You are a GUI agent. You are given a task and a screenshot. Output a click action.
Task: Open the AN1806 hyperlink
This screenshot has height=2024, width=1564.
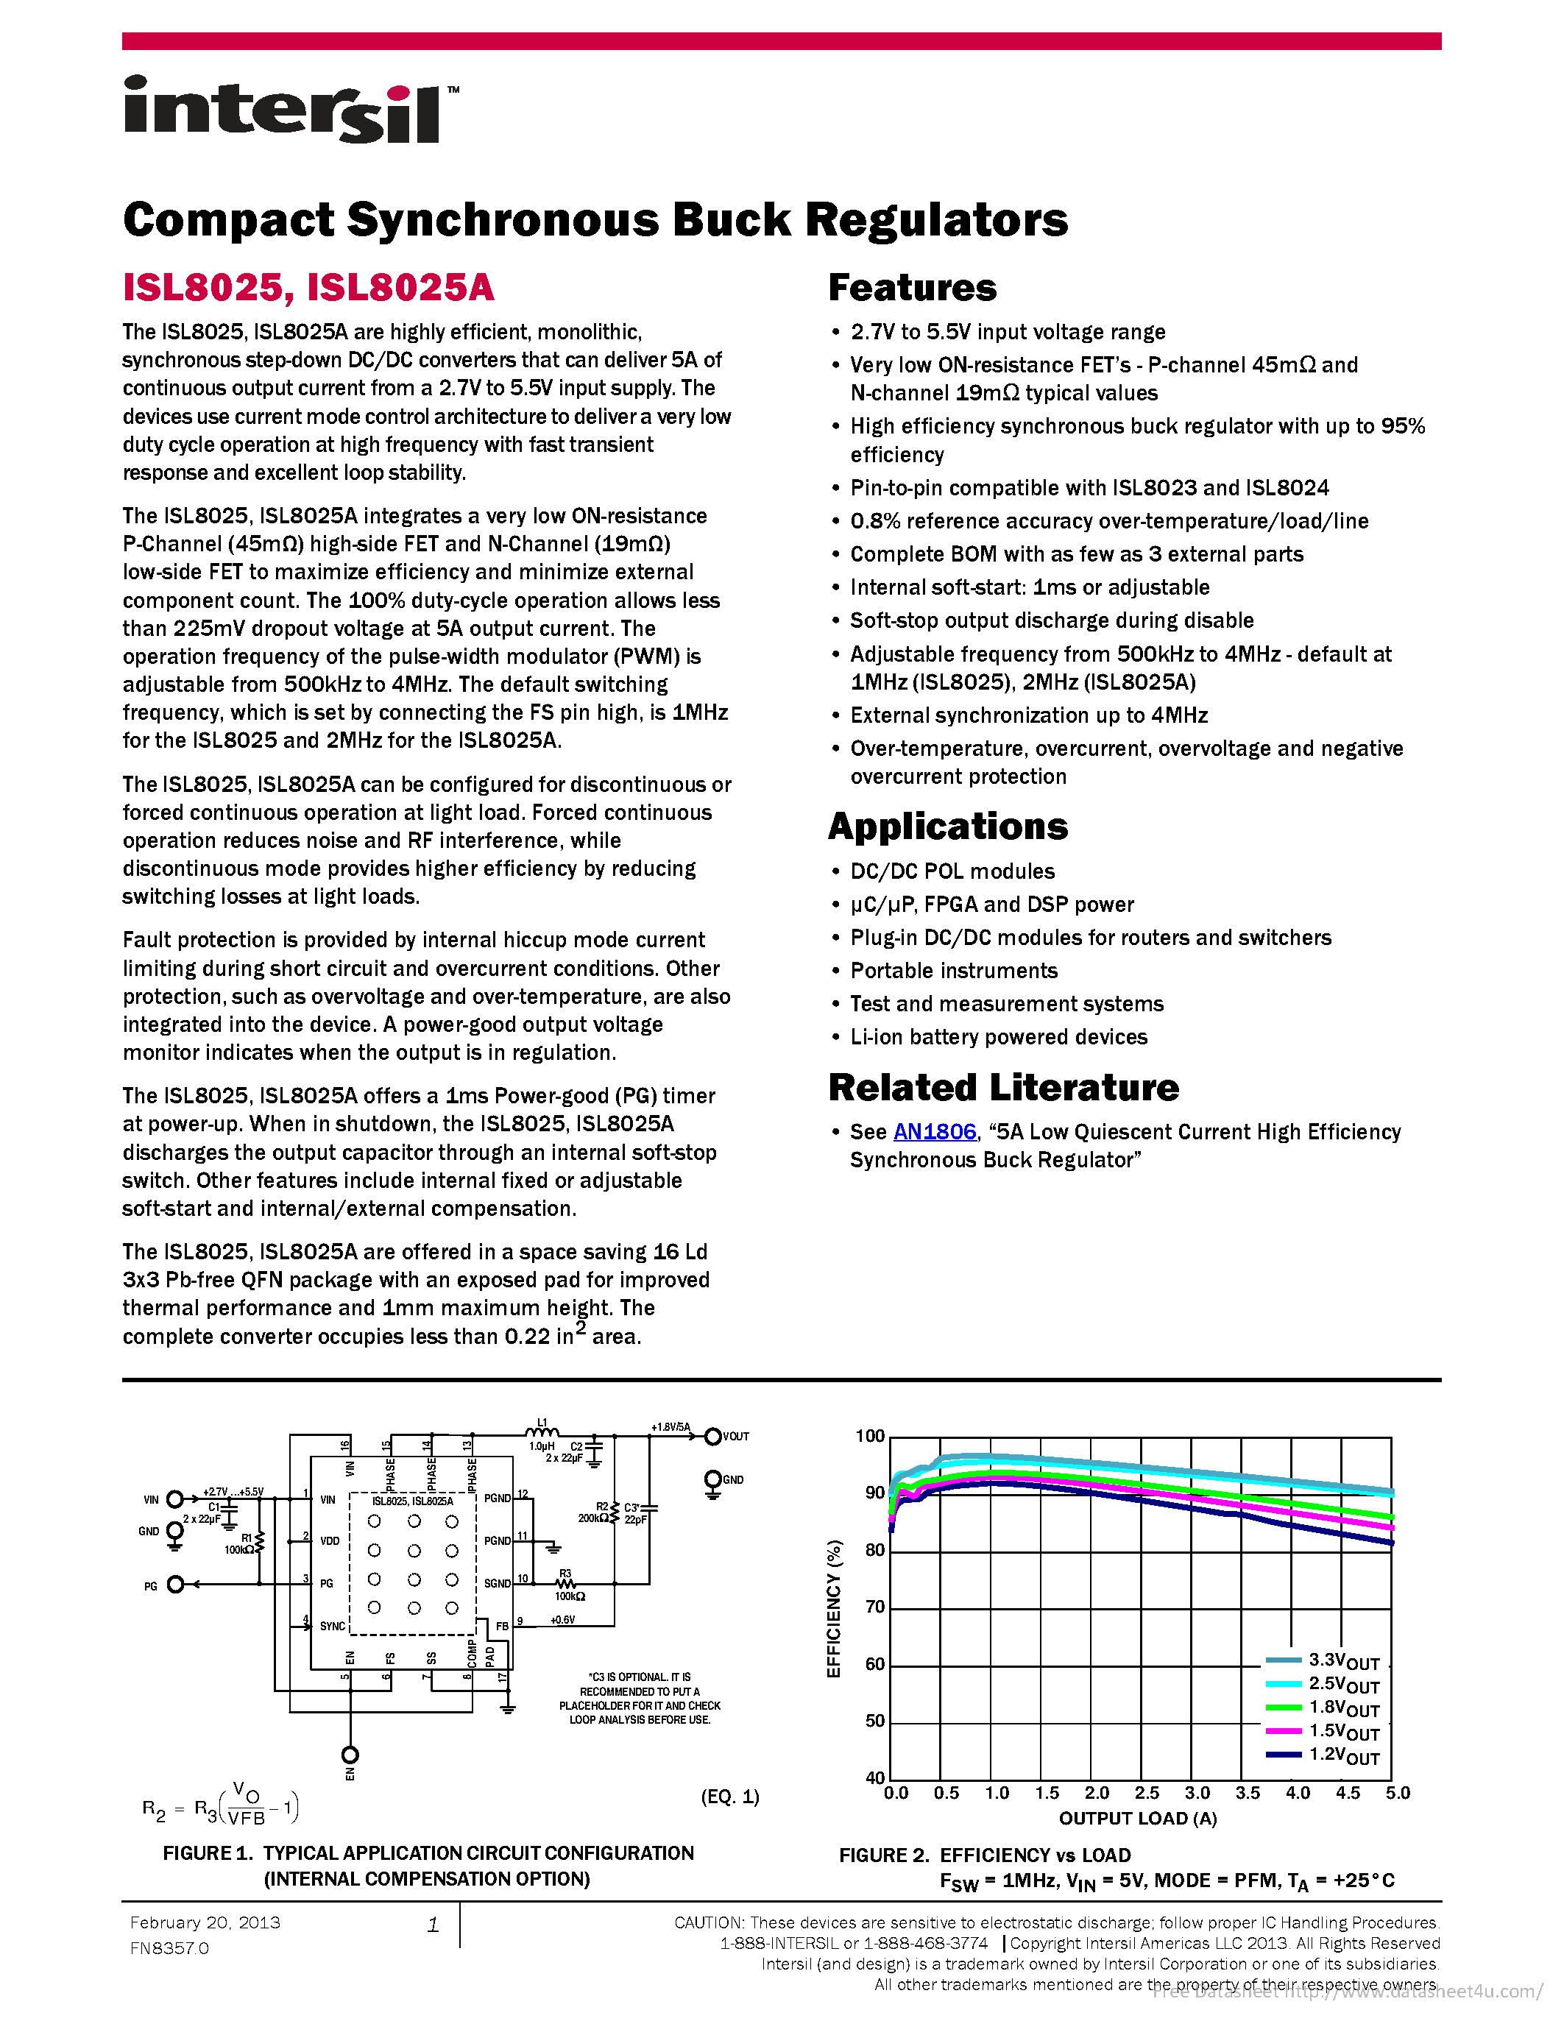click(x=934, y=1131)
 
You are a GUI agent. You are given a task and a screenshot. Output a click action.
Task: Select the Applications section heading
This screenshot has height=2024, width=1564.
click(x=948, y=826)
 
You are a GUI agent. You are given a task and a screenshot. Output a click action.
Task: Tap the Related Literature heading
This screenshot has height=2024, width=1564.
click(x=1003, y=1087)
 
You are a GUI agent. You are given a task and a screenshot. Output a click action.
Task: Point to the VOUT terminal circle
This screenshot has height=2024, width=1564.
click(x=712, y=1437)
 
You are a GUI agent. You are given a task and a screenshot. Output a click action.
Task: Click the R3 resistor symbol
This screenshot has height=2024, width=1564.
click(x=565, y=1584)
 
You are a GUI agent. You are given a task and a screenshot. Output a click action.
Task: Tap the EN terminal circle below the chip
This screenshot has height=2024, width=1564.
click(x=350, y=1755)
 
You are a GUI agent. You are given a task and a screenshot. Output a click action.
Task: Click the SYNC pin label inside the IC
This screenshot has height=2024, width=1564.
click(x=333, y=1626)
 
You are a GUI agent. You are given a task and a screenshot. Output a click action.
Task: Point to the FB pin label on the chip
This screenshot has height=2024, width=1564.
click(x=501, y=1626)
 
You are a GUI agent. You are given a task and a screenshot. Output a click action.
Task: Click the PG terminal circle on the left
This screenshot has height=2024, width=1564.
click(x=175, y=1584)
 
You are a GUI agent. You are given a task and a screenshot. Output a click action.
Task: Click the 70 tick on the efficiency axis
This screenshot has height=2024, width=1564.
click(x=874, y=1607)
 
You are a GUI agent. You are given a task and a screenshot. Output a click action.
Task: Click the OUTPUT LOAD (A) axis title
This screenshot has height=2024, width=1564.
click(x=1138, y=1818)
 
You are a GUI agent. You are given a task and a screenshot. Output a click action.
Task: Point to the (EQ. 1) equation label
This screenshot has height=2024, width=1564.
click(x=730, y=1797)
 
